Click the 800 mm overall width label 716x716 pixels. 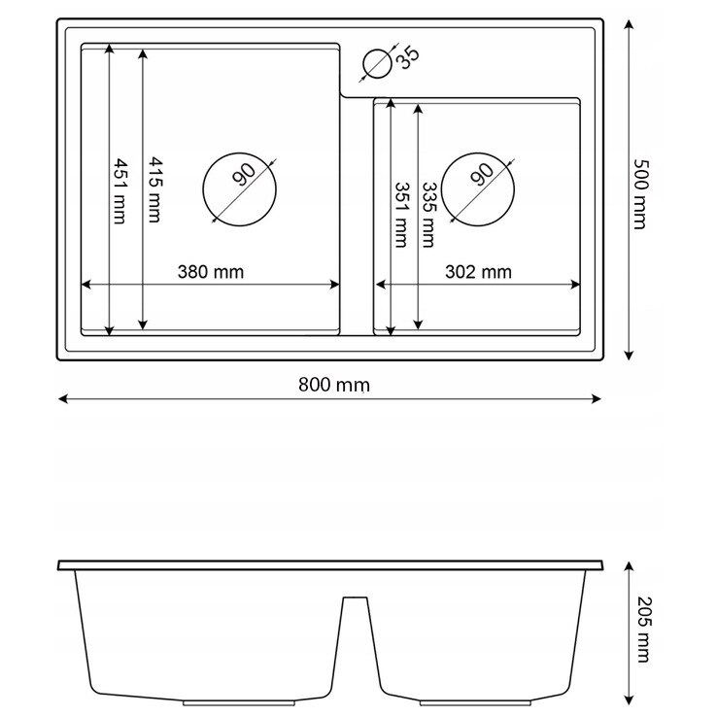334,385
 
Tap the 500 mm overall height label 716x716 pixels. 640,194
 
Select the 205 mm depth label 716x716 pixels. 644,630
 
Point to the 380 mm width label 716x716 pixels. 211,272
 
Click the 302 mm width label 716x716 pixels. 478,272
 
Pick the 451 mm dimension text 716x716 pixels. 119,191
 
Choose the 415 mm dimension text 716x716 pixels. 154,190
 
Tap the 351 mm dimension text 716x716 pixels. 401,215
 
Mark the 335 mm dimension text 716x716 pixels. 429,215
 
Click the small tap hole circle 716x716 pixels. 377,51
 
